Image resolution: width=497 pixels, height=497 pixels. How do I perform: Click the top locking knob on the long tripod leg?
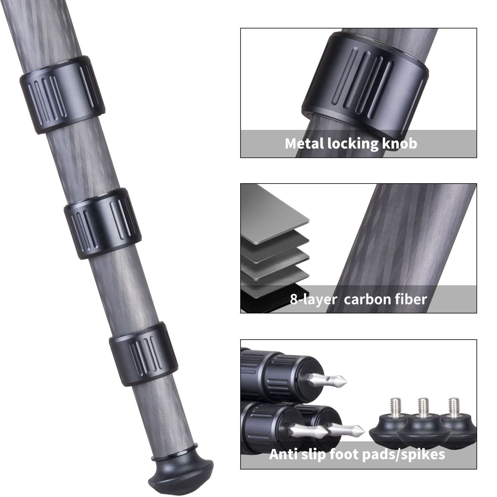point(62,95)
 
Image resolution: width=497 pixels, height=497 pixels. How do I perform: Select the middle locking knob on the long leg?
point(103,223)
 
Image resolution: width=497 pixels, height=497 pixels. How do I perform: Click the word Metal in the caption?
point(304,143)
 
